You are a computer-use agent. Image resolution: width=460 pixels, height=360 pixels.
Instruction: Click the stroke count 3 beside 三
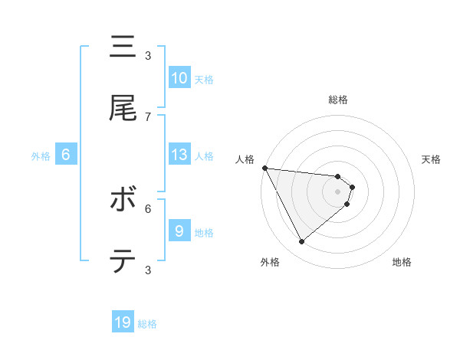tap(148, 56)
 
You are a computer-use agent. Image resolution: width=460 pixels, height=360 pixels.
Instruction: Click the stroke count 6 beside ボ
tap(148, 208)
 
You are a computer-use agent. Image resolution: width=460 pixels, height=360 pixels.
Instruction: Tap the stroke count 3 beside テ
tap(148, 269)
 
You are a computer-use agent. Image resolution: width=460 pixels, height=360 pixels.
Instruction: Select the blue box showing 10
tap(179, 78)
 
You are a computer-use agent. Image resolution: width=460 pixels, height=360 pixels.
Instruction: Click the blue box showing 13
tap(179, 155)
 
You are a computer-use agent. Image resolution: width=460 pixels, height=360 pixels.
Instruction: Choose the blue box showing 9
tap(179, 231)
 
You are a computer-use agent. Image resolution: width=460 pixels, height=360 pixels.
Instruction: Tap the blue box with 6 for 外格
tap(65, 155)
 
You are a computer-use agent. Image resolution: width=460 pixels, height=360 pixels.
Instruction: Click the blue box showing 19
tap(123, 322)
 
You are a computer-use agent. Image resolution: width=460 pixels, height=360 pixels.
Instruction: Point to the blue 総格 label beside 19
tap(147, 324)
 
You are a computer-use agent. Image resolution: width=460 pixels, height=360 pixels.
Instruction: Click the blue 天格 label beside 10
tap(203, 80)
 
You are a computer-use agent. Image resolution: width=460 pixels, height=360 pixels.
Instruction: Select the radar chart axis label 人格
tap(245, 159)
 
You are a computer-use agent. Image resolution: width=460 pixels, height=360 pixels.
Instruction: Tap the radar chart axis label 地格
tap(402, 262)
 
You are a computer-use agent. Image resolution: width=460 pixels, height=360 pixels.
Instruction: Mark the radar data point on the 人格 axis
tap(264, 168)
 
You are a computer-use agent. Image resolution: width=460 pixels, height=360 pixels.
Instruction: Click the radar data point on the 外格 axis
tap(301, 242)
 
